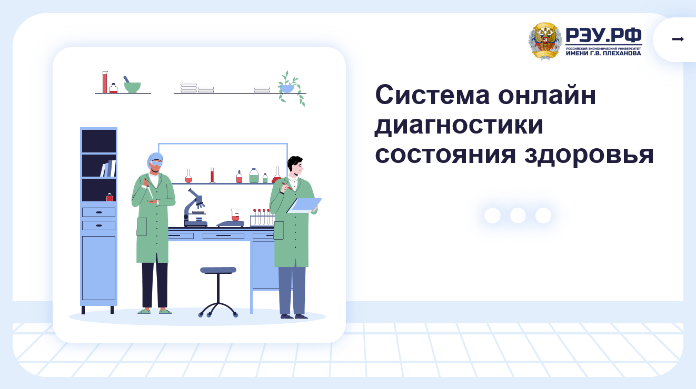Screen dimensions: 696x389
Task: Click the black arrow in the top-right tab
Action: [x=678, y=39]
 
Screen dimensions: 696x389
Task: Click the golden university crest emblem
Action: [x=545, y=41]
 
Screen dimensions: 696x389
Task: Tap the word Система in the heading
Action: [x=432, y=95]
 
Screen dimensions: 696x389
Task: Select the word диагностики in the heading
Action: [x=459, y=125]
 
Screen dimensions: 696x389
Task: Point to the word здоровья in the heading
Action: [x=589, y=155]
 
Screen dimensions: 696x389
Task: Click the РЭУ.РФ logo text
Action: [x=603, y=35]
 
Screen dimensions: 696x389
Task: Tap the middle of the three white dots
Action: [x=518, y=216]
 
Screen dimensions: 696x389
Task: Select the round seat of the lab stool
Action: [x=218, y=270]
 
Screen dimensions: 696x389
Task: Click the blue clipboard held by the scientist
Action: [x=304, y=206]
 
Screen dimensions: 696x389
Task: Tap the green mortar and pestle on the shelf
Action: [x=132, y=85]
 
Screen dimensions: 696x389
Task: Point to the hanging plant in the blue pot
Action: [x=291, y=88]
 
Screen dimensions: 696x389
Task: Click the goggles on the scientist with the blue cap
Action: [x=156, y=163]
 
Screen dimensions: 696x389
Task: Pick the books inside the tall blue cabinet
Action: [x=108, y=168]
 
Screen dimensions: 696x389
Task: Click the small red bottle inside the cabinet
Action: [x=110, y=197]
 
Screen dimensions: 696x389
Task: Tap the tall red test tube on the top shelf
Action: [x=105, y=82]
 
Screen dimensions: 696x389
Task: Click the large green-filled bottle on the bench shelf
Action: [x=254, y=176]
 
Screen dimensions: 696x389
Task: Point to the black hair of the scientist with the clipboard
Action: [x=294, y=162]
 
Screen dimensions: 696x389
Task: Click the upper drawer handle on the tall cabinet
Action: [x=99, y=212]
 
